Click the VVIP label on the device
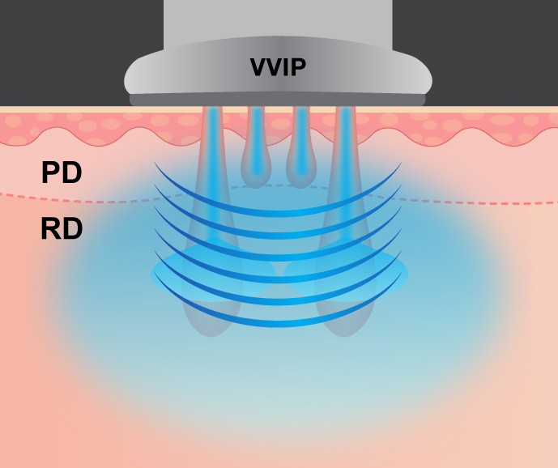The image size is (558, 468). [278, 67]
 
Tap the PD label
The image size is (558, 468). [62, 173]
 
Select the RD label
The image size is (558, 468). [62, 230]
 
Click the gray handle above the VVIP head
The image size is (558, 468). [278, 20]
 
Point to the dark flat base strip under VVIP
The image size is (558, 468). [278, 100]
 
